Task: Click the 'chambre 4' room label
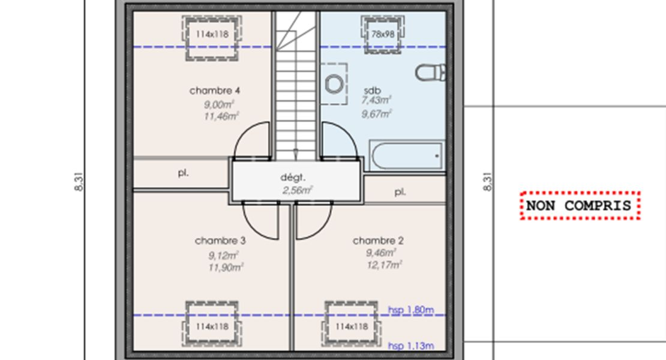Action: pos(215,91)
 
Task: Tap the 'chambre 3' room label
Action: pos(220,241)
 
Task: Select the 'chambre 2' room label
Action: pos(378,241)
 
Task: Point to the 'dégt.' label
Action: pos(293,178)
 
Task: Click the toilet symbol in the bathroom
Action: pos(431,73)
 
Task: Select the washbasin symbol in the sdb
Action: pos(334,83)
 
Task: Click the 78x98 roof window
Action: pos(383,34)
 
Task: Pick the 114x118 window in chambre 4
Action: pos(212,34)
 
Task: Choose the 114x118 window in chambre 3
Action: pos(212,326)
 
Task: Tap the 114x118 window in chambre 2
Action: pos(352,326)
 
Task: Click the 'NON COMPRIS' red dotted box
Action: pos(579,206)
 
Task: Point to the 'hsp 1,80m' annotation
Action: pos(410,310)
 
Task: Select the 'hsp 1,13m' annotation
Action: pos(410,346)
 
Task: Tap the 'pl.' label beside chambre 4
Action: pos(183,173)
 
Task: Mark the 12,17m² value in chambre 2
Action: pos(383,265)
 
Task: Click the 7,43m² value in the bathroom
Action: pos(376,100)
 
